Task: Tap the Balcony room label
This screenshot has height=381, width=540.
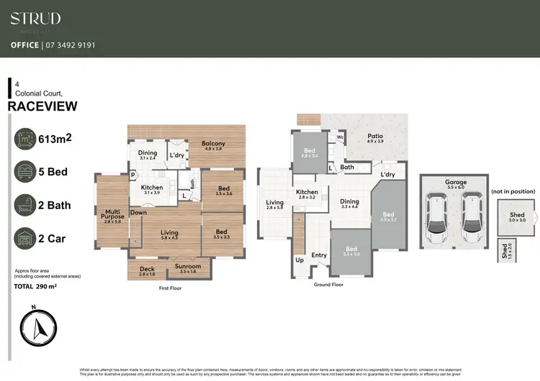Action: [x=213, y=144]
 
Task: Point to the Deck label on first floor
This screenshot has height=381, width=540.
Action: [x=147, y=269]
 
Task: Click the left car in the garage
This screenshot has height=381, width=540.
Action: [x=438, y=219]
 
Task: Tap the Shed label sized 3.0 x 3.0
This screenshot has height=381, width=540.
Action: [x=517, y=215]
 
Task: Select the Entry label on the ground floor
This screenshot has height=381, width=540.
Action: [x=318, y=255]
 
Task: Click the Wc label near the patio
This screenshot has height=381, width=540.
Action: [x=338, y=134]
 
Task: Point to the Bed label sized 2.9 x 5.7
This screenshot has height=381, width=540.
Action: [x=388, y=214]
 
